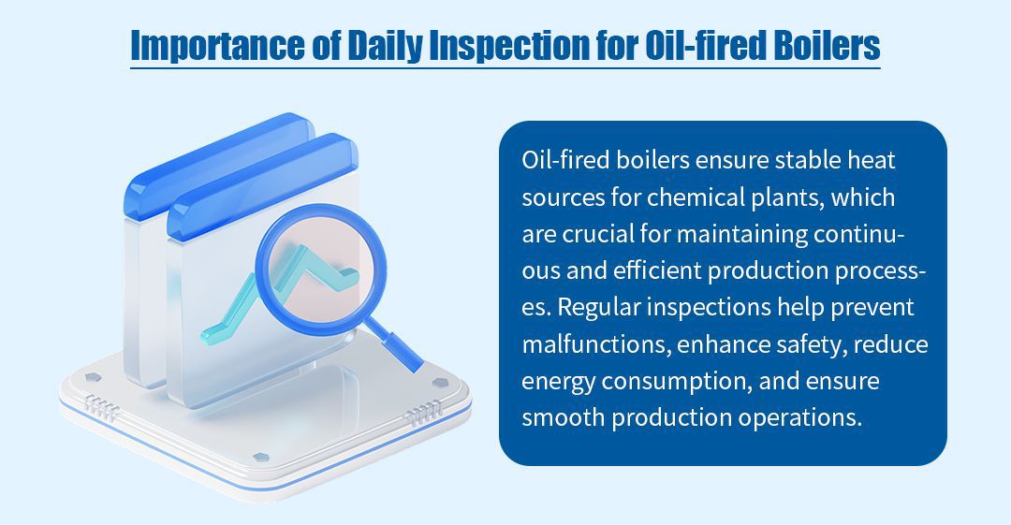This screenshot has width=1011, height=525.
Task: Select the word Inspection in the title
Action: click(x=509, y=46)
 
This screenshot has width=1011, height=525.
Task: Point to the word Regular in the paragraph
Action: click(x=598, y=307)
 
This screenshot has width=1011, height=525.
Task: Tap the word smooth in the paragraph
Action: click(x=563, y=418)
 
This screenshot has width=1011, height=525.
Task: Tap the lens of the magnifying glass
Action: click(x=321, y=270)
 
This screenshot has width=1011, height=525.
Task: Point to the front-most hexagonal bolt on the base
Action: click(x=260, y=458)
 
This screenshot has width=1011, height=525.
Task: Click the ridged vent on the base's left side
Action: click(x=102, y=407)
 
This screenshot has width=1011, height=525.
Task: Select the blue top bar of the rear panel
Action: click(x=218, y=165)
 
